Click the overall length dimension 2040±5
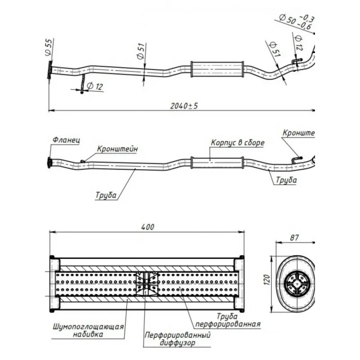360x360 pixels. click(x=184, y=106)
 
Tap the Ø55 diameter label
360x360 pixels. click(x=49, y=47)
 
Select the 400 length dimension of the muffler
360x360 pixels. click(x=147, y=227)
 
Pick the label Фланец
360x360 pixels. click(x=66, y=140)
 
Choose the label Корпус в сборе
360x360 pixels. click(x=237, y=143)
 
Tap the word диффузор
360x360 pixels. click(x=177, y=343)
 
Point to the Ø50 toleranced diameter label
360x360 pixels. click(x=292, y=21)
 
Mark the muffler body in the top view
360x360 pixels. click(x=217, y=69)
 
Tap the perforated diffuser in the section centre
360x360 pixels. click(x=147, y=283)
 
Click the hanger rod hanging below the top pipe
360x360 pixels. click(x=82, y=83)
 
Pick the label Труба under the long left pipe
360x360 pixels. click(x=106, y=196)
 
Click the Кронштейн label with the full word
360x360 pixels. click(x=117, y=148)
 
